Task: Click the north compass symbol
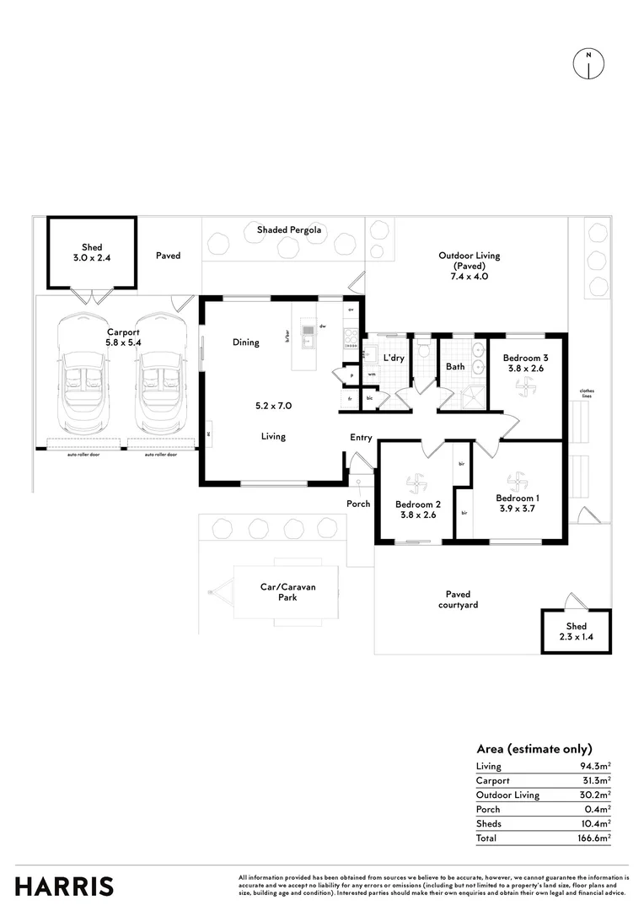(588, 63)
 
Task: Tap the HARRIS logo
(64, 886)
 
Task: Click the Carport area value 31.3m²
(593, 780)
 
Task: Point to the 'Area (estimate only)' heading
(534, 748)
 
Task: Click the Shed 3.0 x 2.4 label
(92, 253)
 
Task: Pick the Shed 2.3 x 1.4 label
(576, 632)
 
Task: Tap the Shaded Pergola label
(289, 229)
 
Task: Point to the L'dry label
(394, 358)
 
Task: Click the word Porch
(358, 504)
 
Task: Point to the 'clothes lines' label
(588, 393)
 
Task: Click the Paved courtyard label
(458, 599)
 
